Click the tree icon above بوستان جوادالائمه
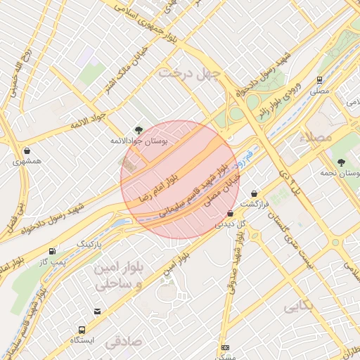(x=139, y=129)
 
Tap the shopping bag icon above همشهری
(x=27, y=150)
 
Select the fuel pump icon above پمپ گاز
(x=53, y=251)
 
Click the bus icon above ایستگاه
(x=82, y=329)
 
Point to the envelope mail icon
(x=96, y=311)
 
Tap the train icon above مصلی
(x=319, y=80)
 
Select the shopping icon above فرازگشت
(x=254, y=193)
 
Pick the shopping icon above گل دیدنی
(x=230, y=213)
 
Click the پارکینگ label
(x=89, y=244)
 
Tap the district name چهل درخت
(x=189, y=72)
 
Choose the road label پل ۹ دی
(x=290, y=179)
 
